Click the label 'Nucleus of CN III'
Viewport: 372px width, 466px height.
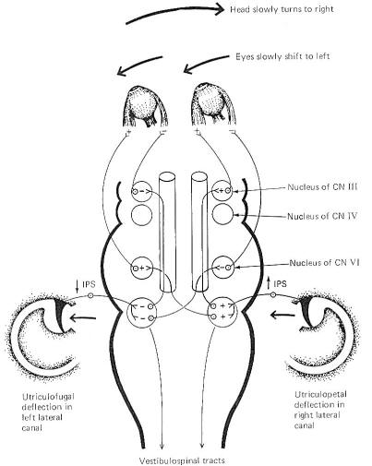click(322, 186)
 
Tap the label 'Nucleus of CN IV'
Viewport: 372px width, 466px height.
click(322, 216)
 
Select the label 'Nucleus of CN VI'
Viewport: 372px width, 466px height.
click(324, 263)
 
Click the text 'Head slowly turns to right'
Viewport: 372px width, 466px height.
click(282, 9)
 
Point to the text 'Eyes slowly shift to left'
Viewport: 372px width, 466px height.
click(282, 56)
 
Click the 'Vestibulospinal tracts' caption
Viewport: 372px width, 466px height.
click(182, 460)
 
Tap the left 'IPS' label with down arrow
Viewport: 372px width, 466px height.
click(85, 284)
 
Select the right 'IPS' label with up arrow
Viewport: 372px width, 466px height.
click(276, 283)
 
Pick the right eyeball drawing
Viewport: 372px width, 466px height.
click(213, 104)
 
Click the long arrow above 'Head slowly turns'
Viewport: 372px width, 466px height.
click(174, 14)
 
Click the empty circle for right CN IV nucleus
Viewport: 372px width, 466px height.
click(222, 214)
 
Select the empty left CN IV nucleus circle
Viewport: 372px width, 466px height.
click(142, 215)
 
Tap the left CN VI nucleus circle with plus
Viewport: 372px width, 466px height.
click(142, 268)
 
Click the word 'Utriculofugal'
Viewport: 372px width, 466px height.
click(48, 397)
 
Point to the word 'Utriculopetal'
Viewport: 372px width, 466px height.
click(317, 395)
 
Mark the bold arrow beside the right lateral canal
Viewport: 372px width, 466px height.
click(282, 315)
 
